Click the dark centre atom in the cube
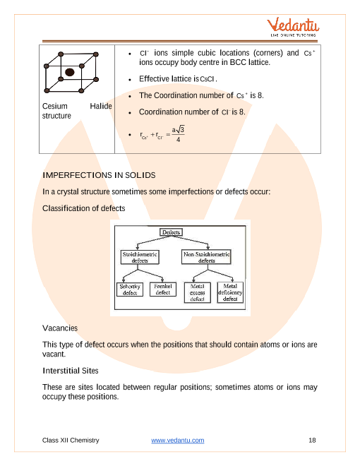70,71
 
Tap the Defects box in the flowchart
172,232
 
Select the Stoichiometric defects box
139,256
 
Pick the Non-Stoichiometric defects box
207,256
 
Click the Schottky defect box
130,289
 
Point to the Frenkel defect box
163,289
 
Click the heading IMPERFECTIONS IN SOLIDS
100,174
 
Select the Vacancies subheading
60,328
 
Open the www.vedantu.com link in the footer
178,441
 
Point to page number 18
313,441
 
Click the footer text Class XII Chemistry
71,441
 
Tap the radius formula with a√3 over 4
162,134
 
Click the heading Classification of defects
84,208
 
